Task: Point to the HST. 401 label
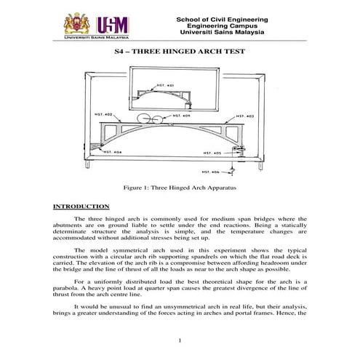[x=165, y=86]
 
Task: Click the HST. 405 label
[x=211, y=153]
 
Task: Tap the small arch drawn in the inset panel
[x=180, y=92]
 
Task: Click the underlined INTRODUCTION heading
[x=81, y=207]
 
